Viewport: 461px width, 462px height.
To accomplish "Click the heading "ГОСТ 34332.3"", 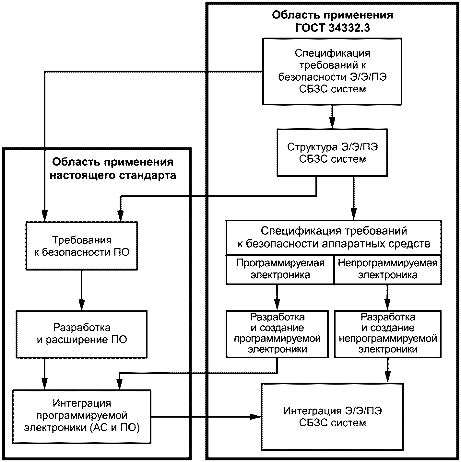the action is pos(332,28).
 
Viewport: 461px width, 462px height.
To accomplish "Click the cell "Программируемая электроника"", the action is pos(280,270).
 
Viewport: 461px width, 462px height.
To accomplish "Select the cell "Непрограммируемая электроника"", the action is pos(387,270).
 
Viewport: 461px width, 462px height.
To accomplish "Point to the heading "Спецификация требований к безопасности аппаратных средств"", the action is pos(334,237).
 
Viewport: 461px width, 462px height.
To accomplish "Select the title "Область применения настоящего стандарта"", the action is pos(113,168).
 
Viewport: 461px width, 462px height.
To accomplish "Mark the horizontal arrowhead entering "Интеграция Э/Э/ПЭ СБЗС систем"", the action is pos(255,417).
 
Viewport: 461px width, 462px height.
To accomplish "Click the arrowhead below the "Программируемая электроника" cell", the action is pos(277,305).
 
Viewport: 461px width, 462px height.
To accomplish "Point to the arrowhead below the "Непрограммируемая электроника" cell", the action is pos(387,305).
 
